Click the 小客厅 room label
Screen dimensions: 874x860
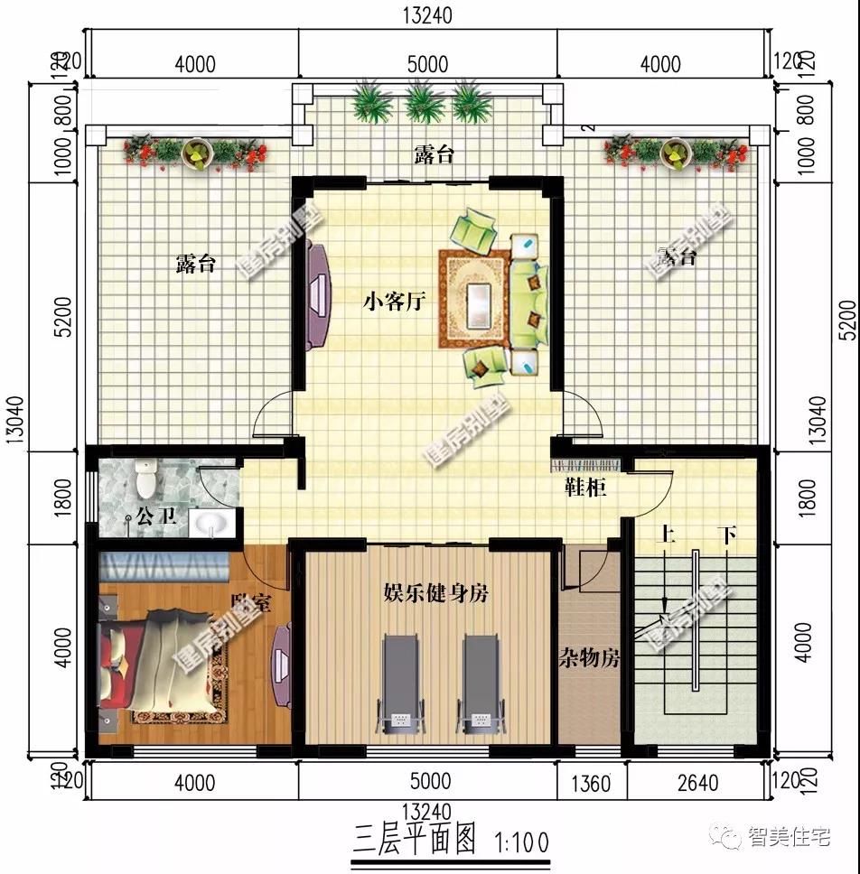coord(395,302)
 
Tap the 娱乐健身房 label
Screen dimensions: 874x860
coord(436,593)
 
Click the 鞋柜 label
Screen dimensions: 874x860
coord(586,488)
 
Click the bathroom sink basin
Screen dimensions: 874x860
coord(209,524)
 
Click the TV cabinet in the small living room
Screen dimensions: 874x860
coord(317,294)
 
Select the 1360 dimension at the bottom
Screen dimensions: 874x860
coord(592,782)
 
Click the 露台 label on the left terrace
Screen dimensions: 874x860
coord(196,264)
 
